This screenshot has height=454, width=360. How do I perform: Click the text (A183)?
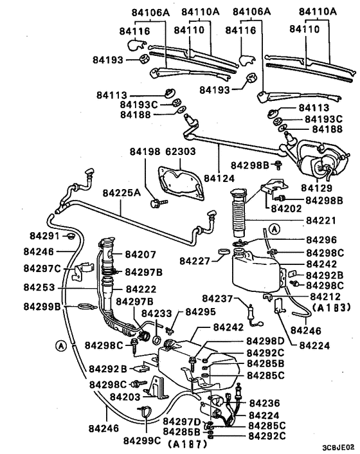point(330,308)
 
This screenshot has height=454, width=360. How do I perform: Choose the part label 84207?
point(141,255)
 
